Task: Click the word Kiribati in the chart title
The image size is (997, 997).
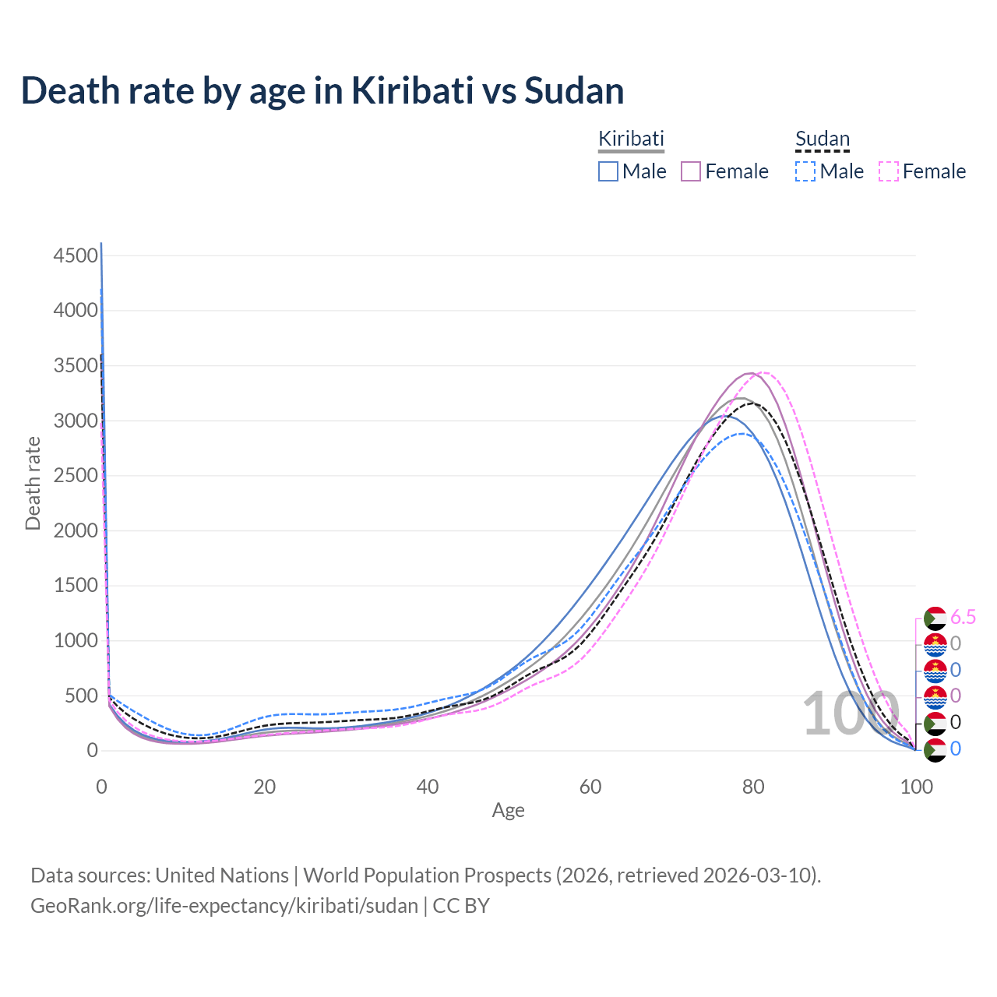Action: (x=412, y=90)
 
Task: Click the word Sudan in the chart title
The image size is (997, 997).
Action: (x=574, y=90)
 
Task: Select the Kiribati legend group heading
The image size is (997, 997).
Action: (x=631, y=139)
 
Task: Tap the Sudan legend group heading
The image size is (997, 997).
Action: (x=822, y=139)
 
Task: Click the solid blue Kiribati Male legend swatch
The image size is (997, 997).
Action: (x=608, y=171)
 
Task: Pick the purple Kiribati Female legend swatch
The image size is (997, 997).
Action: (x=692, y=171)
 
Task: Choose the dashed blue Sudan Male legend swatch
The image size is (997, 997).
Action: (x=805, y=171)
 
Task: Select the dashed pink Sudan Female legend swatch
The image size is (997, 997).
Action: (x=889, y=171)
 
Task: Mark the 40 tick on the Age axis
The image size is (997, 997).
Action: (x=428, y=787)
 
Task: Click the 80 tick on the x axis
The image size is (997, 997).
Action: (x=753, y=787)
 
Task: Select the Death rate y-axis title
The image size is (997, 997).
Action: (x=33, y=483)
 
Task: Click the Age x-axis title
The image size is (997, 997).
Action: (x=508, y=810)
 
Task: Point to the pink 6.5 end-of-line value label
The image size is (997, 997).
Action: (x=963, y=618)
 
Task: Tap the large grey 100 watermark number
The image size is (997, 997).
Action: (x=851, y=713)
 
